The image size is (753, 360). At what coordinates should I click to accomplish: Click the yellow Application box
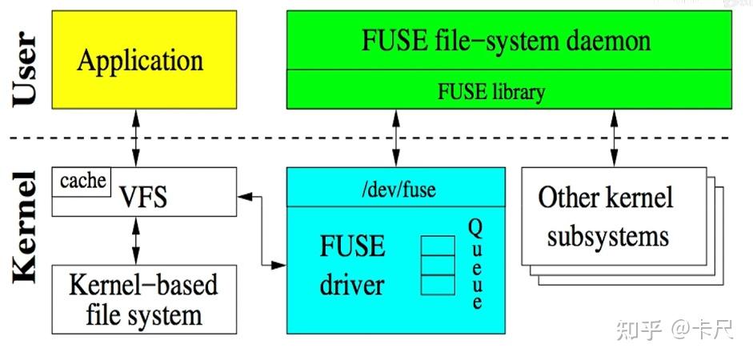coord(140,62)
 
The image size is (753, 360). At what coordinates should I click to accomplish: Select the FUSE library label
coord(491,91)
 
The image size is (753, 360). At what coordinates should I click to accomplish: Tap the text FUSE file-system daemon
coord(510,41)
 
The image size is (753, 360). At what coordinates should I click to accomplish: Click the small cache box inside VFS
coord(82,181)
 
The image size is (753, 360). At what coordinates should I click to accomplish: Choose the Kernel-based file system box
coord(144,300)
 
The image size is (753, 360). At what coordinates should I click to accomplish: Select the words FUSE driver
coord(352,266)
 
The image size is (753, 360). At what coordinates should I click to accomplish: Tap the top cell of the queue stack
coord(438,246)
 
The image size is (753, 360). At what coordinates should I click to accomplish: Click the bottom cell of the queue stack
coord(438,284)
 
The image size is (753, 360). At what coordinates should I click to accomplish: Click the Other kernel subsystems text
coord(606,217)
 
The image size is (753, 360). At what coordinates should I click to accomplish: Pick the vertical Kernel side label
coord(26,226)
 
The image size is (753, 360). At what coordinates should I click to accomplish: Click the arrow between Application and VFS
coord(136,138)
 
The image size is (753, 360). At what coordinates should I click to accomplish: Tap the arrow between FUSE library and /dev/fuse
coord(395,138)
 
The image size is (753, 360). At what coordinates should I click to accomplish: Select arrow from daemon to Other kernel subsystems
coord(614,138)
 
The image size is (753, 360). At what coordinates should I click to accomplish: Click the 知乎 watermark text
coord(639,330)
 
